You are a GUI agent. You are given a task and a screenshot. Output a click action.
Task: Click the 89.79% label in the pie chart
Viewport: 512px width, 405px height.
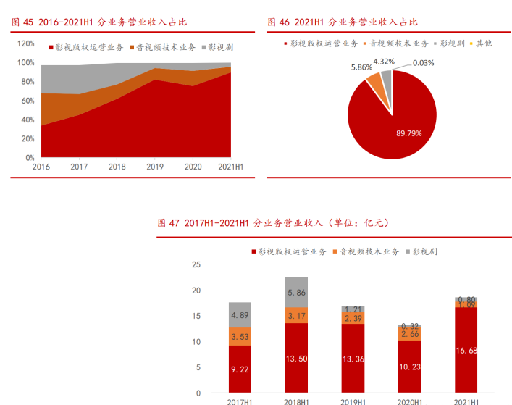point(410,133)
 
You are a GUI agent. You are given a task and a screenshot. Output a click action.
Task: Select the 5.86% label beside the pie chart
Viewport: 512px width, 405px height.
point(362,67)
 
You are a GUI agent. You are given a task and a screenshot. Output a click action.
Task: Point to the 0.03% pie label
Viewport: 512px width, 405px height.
point(424,63)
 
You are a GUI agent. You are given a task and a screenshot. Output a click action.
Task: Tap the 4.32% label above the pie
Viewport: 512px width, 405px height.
point(384,62)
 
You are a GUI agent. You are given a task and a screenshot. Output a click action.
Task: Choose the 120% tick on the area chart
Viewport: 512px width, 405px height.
point(25,43)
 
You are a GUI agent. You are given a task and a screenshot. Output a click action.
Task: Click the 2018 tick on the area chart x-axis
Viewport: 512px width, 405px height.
point(117,167)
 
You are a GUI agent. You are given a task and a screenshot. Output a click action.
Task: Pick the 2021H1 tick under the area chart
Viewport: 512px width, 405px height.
point(230,167)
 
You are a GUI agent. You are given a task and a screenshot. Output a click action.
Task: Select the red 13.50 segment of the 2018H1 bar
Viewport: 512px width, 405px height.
point(295,358)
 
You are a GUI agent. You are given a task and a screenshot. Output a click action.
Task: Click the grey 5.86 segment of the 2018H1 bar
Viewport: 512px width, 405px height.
point(295,292)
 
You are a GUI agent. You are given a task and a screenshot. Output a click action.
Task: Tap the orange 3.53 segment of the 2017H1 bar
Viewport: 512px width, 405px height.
point(240,337)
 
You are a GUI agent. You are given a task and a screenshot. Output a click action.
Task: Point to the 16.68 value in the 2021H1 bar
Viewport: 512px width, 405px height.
point(466,351)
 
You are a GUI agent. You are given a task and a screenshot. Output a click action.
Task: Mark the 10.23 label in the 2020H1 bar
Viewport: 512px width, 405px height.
point(409,367)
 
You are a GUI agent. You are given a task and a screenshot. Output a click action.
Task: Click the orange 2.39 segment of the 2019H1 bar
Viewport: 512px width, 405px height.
point(353,318)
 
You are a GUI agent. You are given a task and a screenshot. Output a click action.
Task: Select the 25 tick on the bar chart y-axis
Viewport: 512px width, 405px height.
point(196,264)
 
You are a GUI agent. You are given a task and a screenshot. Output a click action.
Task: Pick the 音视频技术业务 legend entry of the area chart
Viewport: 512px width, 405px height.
point(164,47)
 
